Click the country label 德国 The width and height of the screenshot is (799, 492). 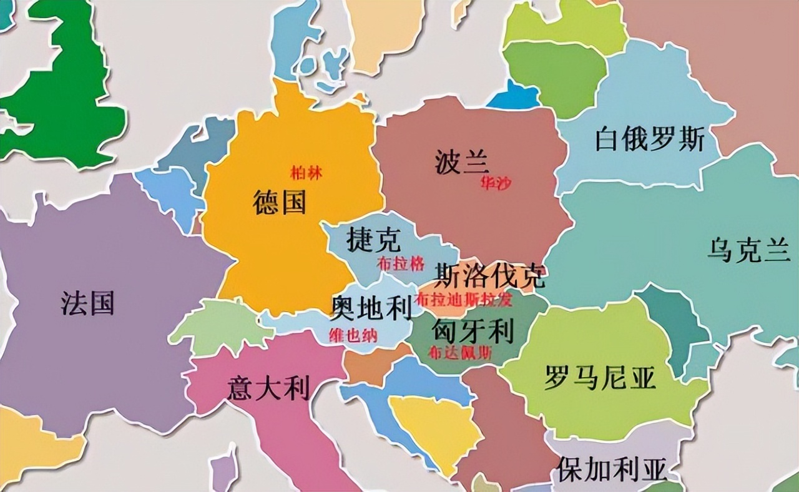pyautogui.click(x=280, y=203)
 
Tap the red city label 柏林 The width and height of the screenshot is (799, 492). pyautogui.click(x=306, y=173)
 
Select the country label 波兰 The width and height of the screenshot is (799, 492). pyautogui.click(x=461, y=163)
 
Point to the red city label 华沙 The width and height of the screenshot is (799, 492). pyautogui.click(x=495, y=183)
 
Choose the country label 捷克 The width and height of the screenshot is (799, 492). pyautogui.click(x=374, y=239)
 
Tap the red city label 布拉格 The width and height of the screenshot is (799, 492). pyautogui.click(x=401, y=263)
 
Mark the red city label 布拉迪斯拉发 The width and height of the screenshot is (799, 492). pyautogui.click(x=464, y=299)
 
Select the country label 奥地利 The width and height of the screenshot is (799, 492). pyautogui.click(x=371, y=307)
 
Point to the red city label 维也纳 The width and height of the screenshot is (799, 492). pyautogui.click(x=353, y=335)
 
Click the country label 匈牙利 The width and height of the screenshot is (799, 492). pyautogui.click(x=473, y=328)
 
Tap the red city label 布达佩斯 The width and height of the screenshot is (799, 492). pyautogui.click(x=460, y=352)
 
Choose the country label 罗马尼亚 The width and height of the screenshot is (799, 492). pyautogui.click(x=600, y=378)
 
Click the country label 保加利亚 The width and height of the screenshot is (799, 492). pyautogui.click(x=612, y=469)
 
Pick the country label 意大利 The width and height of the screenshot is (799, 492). pyautogui.click(x=268, y=388)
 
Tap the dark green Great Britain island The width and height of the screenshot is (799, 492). pyautogui.click(x=69, y=100)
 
